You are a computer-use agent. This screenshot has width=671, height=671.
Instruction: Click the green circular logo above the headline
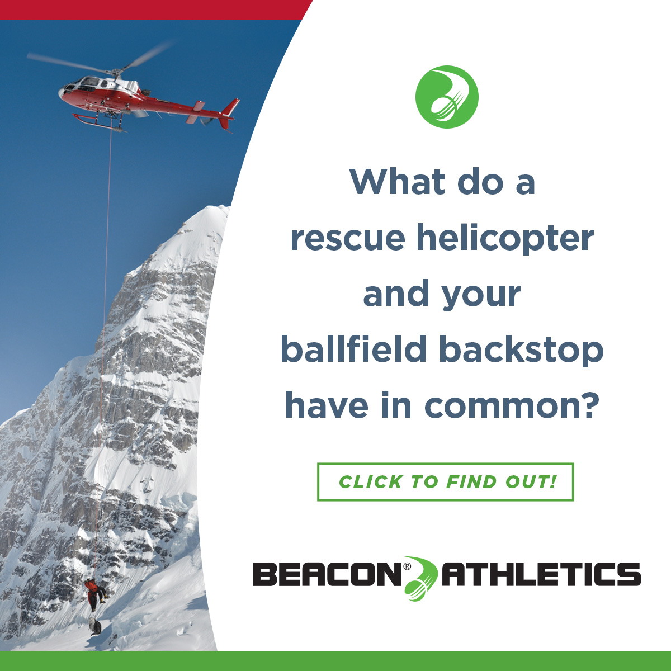coord(447,97)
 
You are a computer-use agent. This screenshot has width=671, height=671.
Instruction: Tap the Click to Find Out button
coord(445,482)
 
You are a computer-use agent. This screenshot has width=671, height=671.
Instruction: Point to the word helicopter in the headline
coord(505,238)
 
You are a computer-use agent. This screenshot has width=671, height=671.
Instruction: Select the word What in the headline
coord(398,182)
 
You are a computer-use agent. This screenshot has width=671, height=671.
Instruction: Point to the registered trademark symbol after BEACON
coord(407,566)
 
